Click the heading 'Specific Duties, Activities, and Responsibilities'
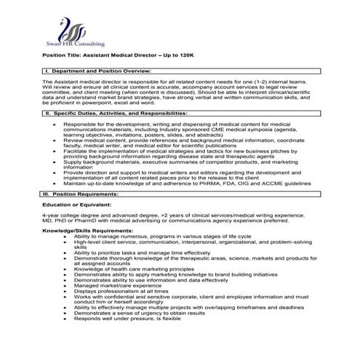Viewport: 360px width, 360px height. pos(117,115)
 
